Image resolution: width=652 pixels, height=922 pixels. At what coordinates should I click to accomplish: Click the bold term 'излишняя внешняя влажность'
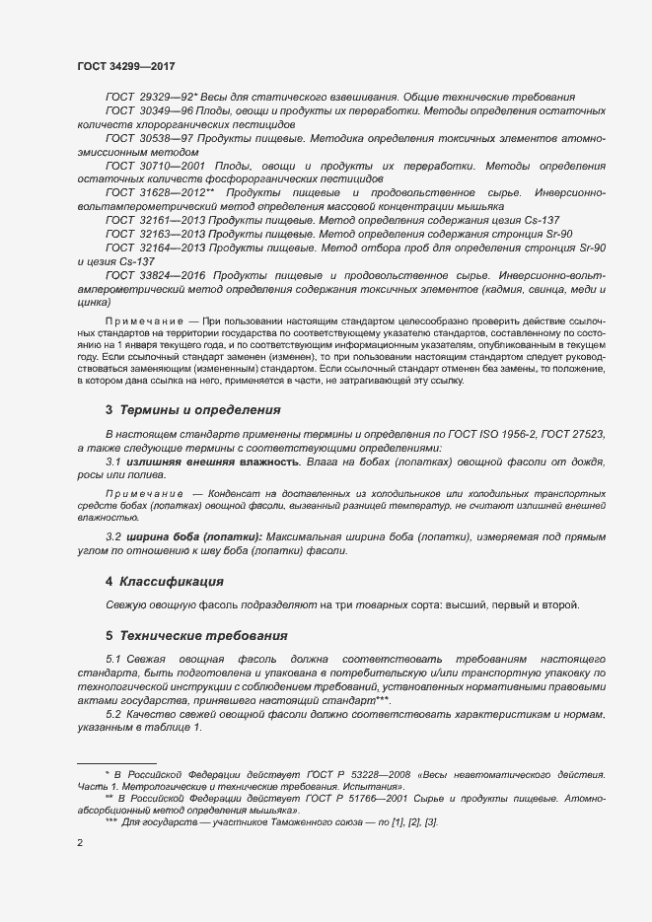pyautogui.click(x=210, y=461)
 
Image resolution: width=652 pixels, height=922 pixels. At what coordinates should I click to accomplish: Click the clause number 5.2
pyautogui.click(x=112, y=713)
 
